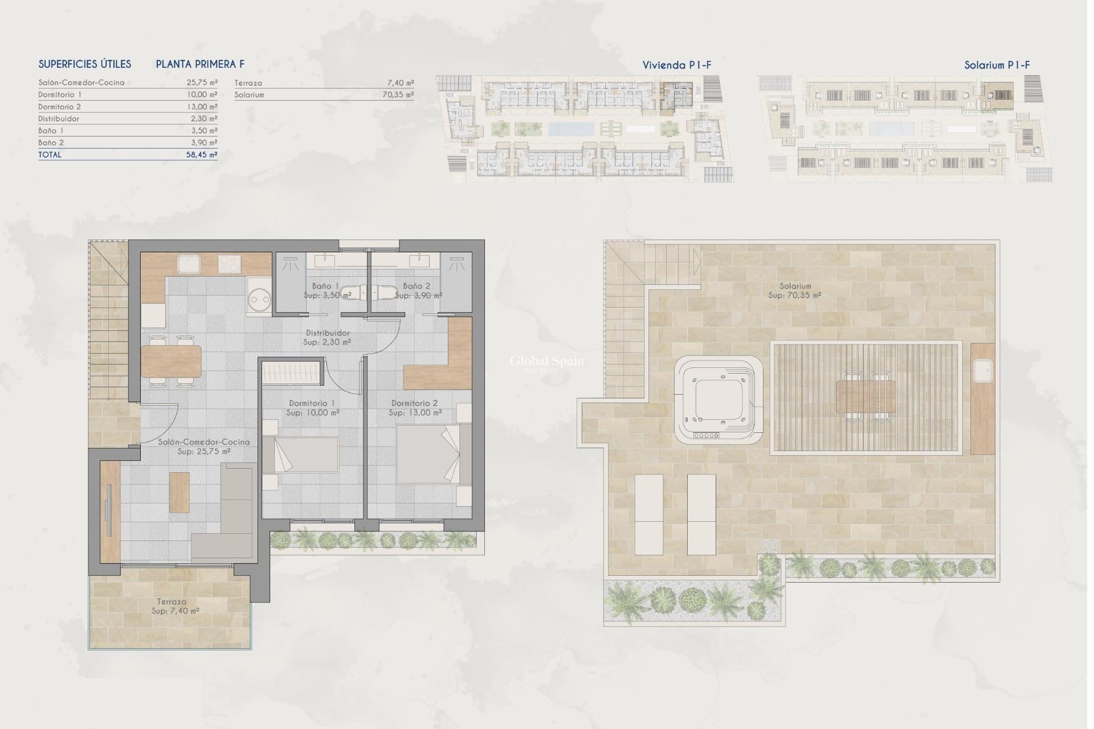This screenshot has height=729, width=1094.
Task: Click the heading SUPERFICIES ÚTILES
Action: point(85,64)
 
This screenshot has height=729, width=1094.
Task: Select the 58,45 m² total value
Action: point(202,155)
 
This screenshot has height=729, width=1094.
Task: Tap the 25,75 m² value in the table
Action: point(202,83)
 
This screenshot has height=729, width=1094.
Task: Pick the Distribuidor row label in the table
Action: point(59,119)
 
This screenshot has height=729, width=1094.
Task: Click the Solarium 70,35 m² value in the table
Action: point(398,95)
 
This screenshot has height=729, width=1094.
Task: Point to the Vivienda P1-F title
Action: point(676,65)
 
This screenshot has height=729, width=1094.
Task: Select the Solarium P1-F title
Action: point(997,65)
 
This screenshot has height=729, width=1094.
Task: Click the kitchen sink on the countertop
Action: point(187,264)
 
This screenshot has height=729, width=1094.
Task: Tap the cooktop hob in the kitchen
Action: point(230,264)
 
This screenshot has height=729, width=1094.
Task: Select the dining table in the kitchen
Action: point(171,362)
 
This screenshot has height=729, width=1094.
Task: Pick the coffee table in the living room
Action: point(179,492)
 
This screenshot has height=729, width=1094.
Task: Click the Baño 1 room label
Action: point(325,286)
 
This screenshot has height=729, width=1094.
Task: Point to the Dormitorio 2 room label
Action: point(415,403)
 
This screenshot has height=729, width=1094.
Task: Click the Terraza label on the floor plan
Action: point(172,601)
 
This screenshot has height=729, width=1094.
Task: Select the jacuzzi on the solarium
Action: point(718,401)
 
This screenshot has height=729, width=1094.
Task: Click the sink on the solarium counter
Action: point(982,371)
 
